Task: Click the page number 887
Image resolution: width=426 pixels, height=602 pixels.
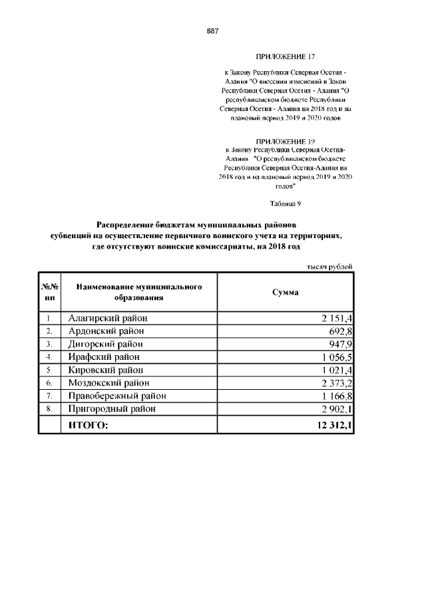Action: click(213, 31)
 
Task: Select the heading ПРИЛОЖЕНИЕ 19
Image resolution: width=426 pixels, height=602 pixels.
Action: click(285, 142)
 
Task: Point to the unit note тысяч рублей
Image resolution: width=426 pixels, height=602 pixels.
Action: click(329, 266)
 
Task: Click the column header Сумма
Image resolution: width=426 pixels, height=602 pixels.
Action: click(286, 293)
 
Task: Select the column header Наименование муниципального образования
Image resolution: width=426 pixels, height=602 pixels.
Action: click(139, 293)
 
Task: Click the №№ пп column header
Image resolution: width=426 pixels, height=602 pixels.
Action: click(50, 293)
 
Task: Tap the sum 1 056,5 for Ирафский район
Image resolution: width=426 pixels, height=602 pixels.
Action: click(334, 357)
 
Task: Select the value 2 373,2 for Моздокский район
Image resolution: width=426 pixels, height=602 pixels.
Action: click(334, 383)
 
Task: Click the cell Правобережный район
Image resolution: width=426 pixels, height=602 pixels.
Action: click(117, 396)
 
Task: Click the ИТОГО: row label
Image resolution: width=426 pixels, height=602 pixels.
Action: click(88, 425)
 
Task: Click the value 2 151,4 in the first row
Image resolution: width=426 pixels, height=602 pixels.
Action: click(334, 319)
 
